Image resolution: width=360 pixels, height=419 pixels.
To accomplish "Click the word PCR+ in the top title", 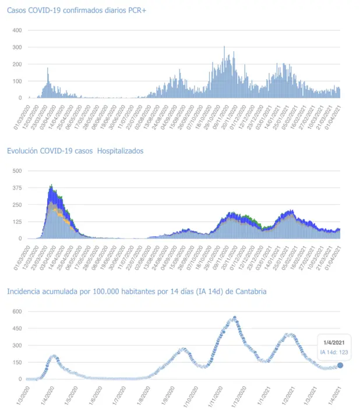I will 132,10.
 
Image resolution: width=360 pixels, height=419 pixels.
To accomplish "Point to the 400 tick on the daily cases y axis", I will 17,30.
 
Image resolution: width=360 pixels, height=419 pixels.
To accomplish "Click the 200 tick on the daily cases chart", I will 17,64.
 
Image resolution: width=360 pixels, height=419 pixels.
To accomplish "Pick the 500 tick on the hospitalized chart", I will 17,171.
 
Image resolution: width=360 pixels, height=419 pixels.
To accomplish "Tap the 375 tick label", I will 17,187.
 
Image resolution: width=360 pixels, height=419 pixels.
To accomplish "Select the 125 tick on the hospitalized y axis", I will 17,222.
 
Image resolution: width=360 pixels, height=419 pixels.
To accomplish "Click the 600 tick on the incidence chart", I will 17,311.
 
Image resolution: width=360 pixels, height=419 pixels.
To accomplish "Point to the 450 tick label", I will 17,328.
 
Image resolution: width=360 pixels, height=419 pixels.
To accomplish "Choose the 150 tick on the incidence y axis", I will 17,362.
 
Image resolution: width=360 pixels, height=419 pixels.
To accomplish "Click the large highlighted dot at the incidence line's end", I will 340,365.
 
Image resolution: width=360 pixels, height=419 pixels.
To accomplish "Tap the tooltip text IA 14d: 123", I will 335,352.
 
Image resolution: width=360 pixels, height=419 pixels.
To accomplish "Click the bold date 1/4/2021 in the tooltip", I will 335,342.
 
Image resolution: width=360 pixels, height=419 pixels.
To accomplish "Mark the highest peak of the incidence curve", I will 235,318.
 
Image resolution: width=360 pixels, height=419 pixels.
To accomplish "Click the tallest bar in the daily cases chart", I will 224,47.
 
